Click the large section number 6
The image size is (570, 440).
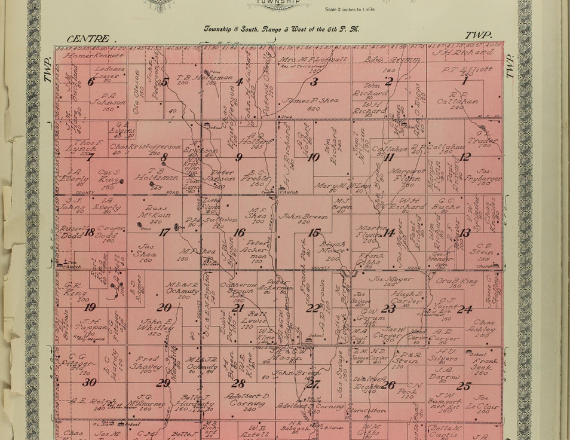(x=90, y=82)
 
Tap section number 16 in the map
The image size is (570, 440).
(x=239, y=233)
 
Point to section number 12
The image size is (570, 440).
(x=465, y=157)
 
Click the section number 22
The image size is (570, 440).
(x=312, y=308)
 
